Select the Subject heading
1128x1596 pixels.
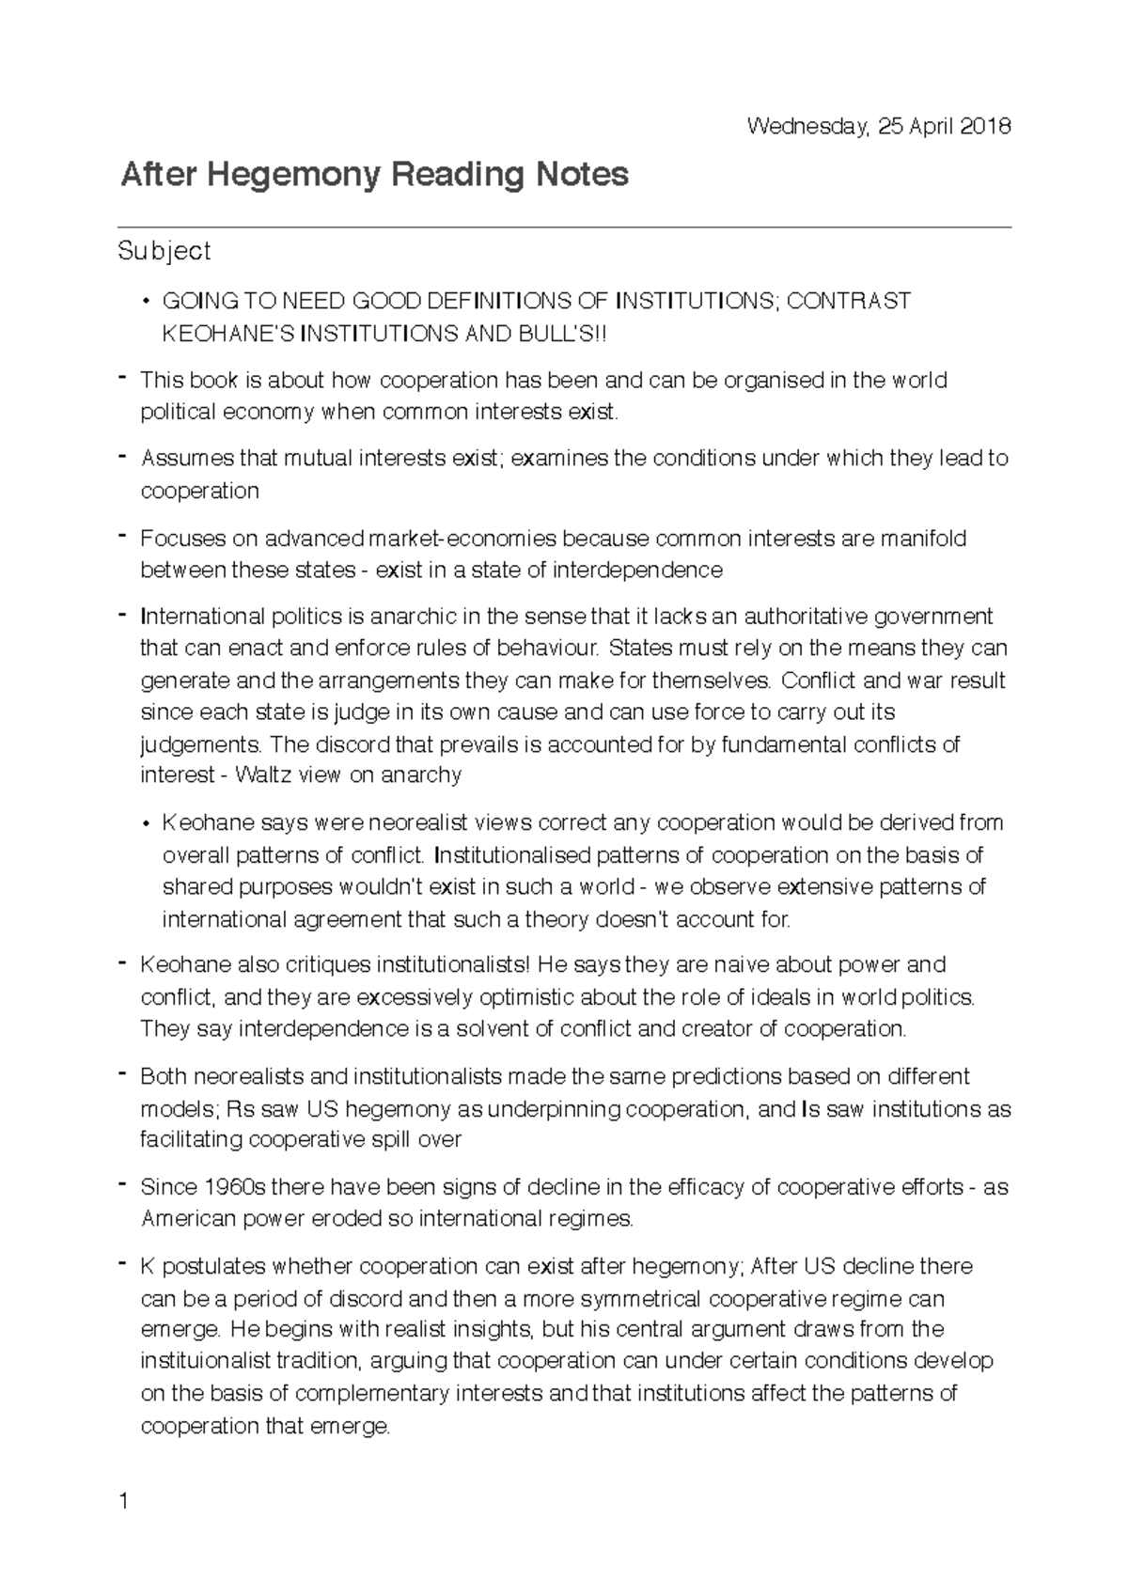[164, 251]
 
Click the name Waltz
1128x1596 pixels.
[262, 775]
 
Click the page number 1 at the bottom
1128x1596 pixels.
[123, 1502]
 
